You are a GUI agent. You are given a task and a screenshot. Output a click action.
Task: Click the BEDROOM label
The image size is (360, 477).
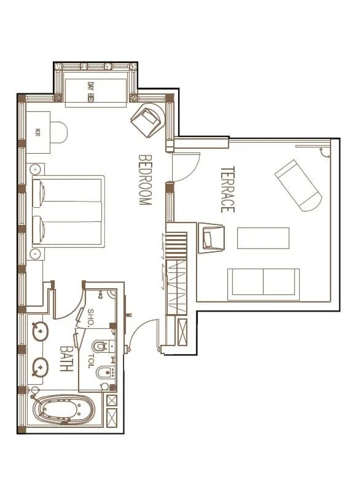(145, 179)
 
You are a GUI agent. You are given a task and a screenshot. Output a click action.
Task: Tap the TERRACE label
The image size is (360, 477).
(227, 189)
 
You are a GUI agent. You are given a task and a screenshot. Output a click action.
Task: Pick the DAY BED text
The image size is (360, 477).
(91, 92)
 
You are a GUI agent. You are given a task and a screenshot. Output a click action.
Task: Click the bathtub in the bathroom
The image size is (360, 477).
(63, 411)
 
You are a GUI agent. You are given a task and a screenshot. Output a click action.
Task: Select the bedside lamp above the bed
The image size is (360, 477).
(35, 168)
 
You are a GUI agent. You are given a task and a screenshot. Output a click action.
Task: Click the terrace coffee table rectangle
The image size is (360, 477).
(263, 238)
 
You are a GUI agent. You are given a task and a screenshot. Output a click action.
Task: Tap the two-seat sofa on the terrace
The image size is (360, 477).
(263, 282)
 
